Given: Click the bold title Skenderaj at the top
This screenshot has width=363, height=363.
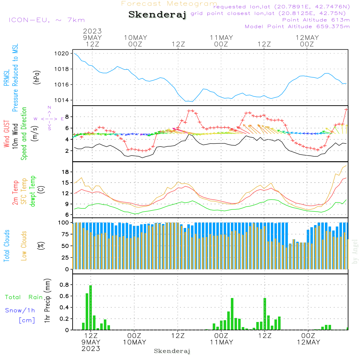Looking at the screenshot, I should (157, 15).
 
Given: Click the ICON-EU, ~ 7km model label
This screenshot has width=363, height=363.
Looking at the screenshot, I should (46, 20).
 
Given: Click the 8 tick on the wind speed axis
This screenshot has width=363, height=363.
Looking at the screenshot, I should (67, 117).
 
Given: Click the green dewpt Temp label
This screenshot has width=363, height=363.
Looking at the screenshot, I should (33, 191).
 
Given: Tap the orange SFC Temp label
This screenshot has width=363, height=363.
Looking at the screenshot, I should (24, 191).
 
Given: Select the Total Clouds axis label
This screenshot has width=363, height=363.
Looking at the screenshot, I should (7, 246).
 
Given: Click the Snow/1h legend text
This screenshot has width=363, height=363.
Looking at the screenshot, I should (20, 310).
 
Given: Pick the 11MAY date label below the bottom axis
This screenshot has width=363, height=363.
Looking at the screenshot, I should (221, 342).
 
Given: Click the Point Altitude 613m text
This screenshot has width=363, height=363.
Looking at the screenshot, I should (316, 20).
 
